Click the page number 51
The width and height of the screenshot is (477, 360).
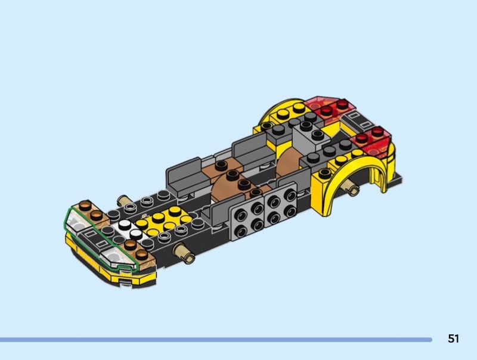[453, 339]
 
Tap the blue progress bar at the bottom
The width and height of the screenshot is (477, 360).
[216, 339]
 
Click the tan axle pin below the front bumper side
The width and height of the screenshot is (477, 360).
[184, 252]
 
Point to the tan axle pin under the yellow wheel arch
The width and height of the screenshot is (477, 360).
[352, 188]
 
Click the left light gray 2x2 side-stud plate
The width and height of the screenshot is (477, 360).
[247, 219]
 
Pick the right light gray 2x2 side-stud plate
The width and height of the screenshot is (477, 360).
[280, 204]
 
